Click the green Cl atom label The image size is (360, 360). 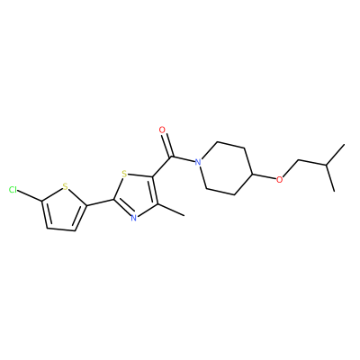[13, 190]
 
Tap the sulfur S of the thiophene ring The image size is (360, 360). [66, 188]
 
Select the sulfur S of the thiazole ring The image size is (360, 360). [125, 174]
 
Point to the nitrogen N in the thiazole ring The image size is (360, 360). [134, 218]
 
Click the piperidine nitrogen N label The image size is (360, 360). [197, 162]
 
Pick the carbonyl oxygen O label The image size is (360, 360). [162, 130]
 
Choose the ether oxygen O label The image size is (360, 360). [280, 180]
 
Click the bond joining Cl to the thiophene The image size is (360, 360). [31, 195]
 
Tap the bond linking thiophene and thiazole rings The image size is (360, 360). [100, 202]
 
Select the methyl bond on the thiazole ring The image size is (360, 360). [170, 210]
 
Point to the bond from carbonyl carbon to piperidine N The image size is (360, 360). [183, 159]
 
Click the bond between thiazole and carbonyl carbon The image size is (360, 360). [162, 166]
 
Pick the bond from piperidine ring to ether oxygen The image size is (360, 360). [265, 176]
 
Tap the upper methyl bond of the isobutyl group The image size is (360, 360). [335, 155]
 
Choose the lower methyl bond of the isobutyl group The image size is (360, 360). [330, 178]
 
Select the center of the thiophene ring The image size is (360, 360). [63, 211]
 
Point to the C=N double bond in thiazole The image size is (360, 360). [122, 208]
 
